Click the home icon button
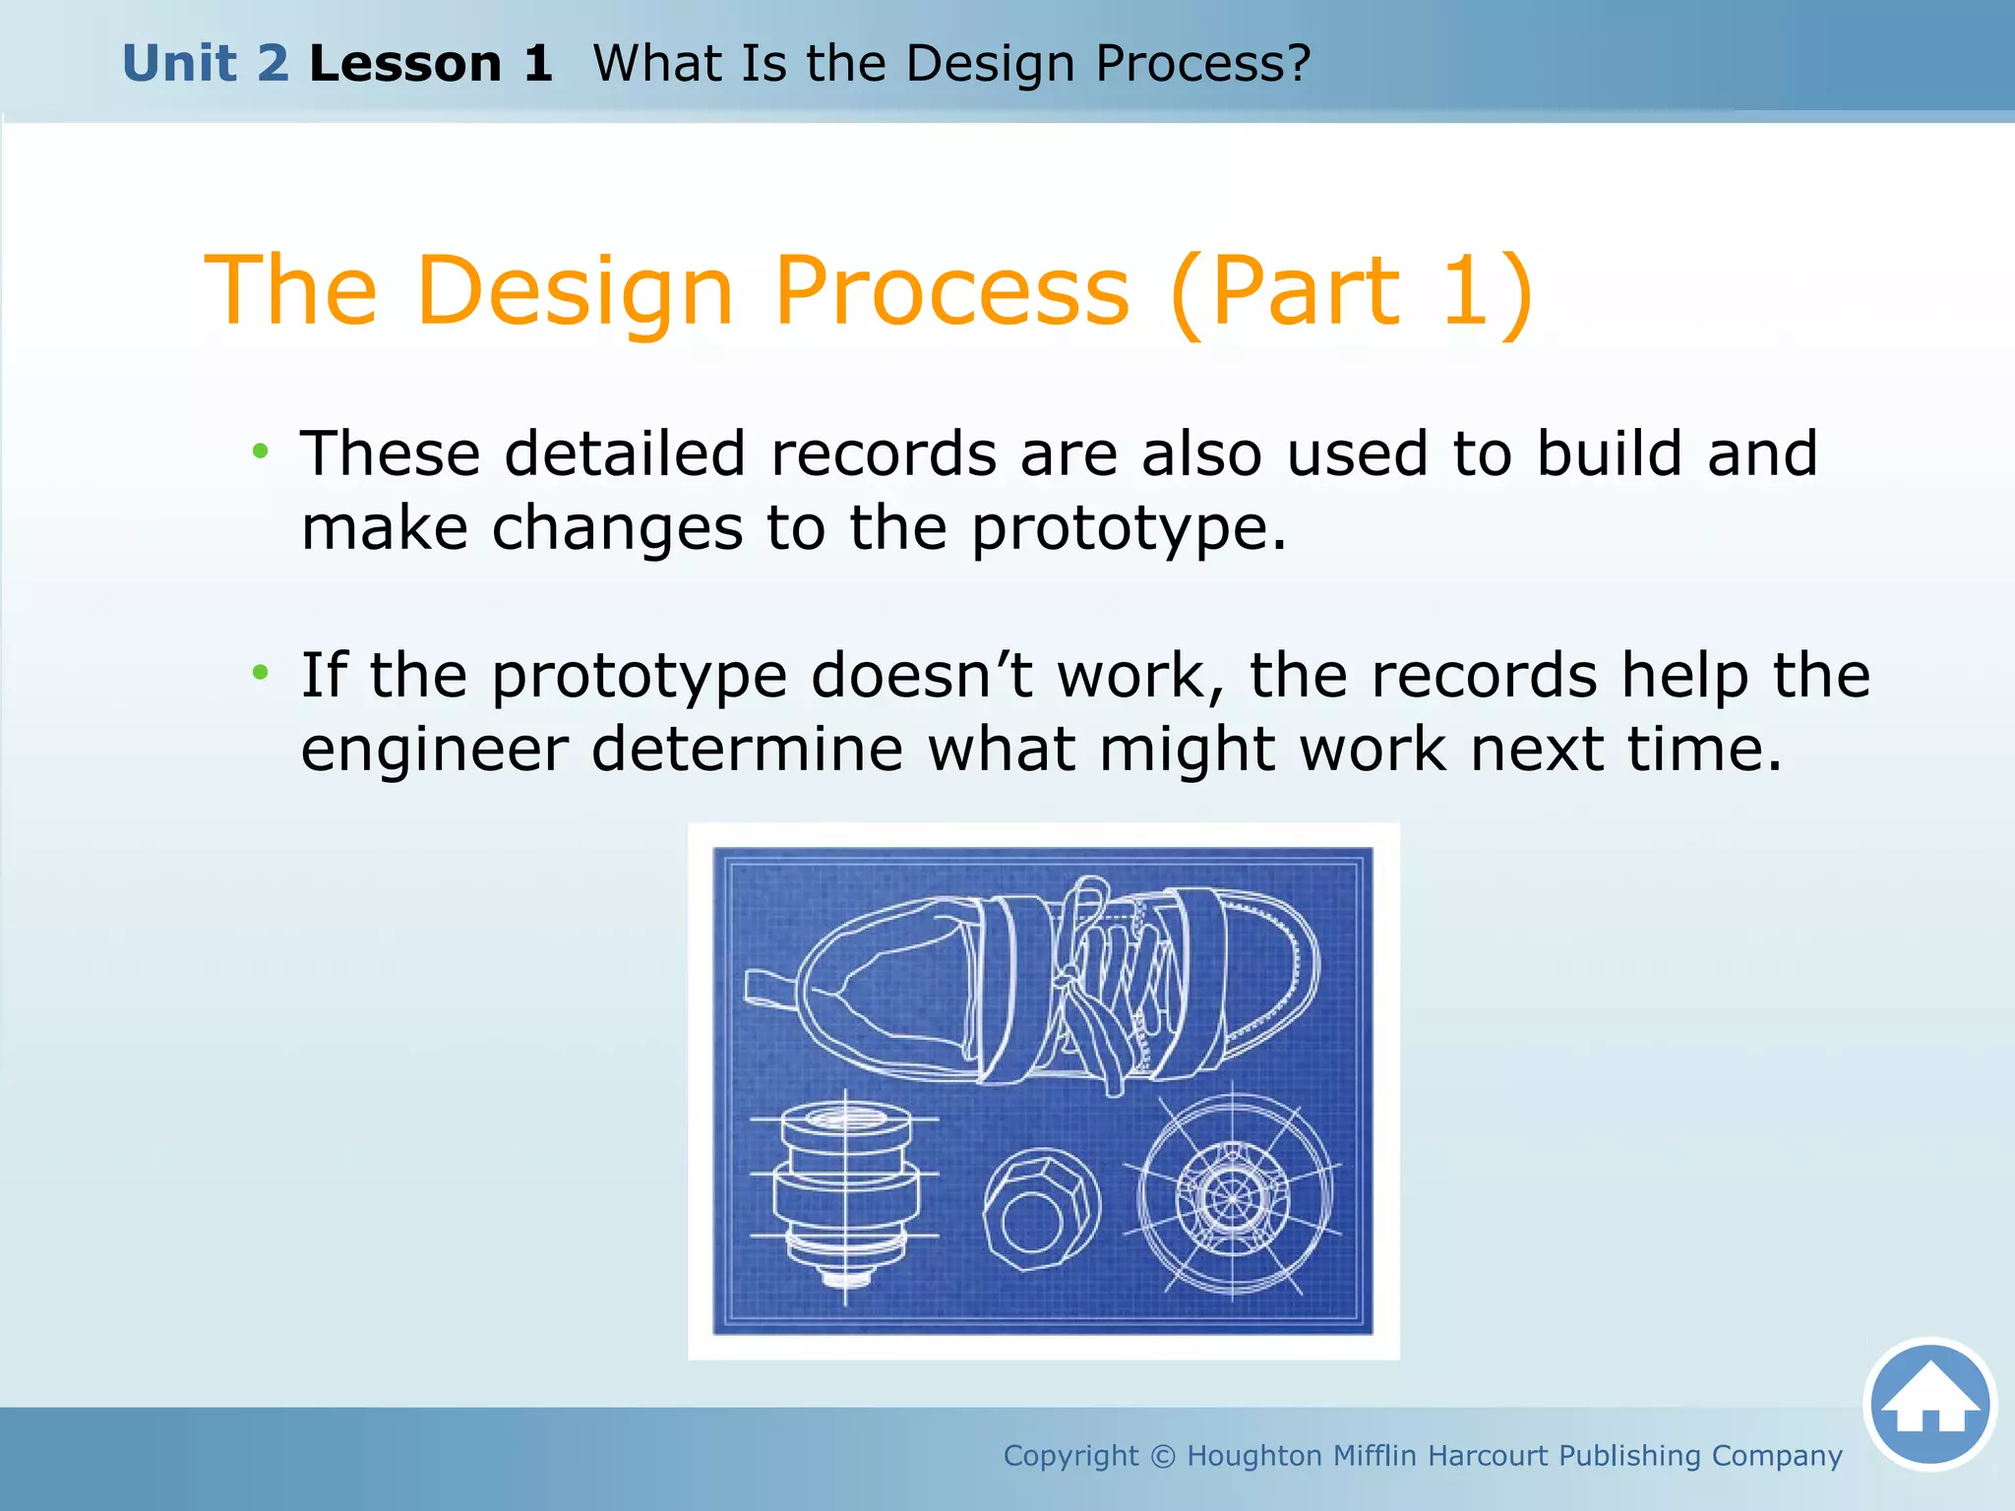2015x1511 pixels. (x=1929, y=1404)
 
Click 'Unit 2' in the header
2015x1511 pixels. (x=206, y=64)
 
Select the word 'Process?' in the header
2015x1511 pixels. (x=1202, y=64)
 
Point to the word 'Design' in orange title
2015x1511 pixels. (x=576, y=290)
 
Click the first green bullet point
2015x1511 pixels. (x=260, y=452)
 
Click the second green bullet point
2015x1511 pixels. (x=260, y=673)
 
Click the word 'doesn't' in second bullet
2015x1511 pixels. (x=922, y=676)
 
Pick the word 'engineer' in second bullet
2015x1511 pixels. (x=434, y=750)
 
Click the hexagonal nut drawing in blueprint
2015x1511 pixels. (x=1041, y=1210)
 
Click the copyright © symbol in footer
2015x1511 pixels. (x=1162, y=1456)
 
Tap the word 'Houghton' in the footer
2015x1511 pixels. (x=1253, y=1456)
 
